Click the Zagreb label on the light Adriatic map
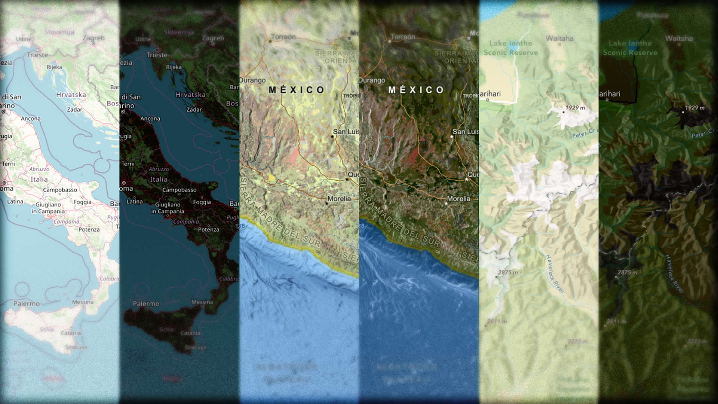pos(93,38)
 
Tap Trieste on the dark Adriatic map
pos(157,55)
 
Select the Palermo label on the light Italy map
pos(27,304)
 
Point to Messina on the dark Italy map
pos(202,302)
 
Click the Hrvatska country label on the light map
pos(71,95)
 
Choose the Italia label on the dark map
pos(159,180)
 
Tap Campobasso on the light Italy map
pos(60,190)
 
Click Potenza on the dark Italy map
pos(209,229)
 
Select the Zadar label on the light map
pos(74,110)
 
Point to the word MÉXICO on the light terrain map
pos(297,90)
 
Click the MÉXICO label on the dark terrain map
pos(416,90)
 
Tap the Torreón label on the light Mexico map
pos(283,37)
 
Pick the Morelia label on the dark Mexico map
pos(459,199)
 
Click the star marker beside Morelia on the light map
pos(326,203)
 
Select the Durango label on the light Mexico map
pos(252,80)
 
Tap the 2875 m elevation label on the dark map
pos(627,272)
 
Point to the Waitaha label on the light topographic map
pos(559,38)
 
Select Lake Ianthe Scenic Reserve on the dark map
pos(630,48)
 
